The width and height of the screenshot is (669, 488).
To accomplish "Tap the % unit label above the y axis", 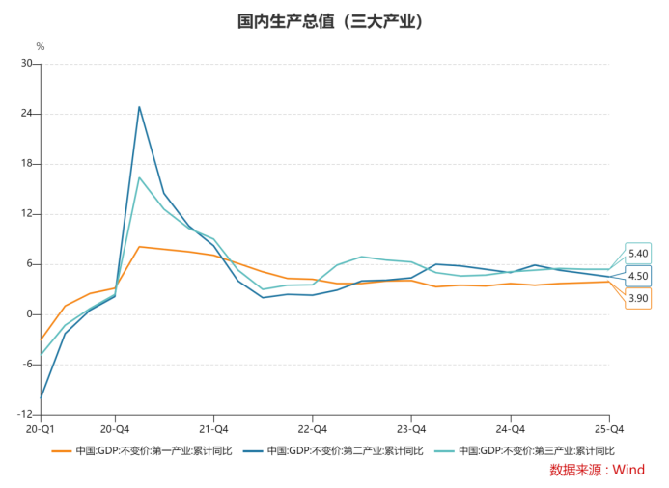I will (x=40, y=46).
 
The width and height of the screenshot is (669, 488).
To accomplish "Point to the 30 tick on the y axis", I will (x=27, y=64).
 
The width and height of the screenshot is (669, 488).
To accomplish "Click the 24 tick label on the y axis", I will (x=27, y=114).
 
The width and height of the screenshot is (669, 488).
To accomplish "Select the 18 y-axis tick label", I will (x=27, y=164).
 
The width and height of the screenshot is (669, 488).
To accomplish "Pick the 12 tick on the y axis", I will (x=27, y=214).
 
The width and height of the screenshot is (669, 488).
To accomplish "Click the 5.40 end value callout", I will (x=638, y=254).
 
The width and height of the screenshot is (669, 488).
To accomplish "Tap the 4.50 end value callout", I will (x=638, y=276).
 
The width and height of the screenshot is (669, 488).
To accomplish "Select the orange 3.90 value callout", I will (x=638, y=298).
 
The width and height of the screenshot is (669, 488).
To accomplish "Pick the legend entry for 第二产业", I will (x=332, y=450).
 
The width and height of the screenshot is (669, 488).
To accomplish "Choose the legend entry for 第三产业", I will (x=523, y=450).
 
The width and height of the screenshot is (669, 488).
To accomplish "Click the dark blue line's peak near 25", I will (x=139, y=107).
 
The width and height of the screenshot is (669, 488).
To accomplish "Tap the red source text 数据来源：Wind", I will (x=597, y=471).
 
